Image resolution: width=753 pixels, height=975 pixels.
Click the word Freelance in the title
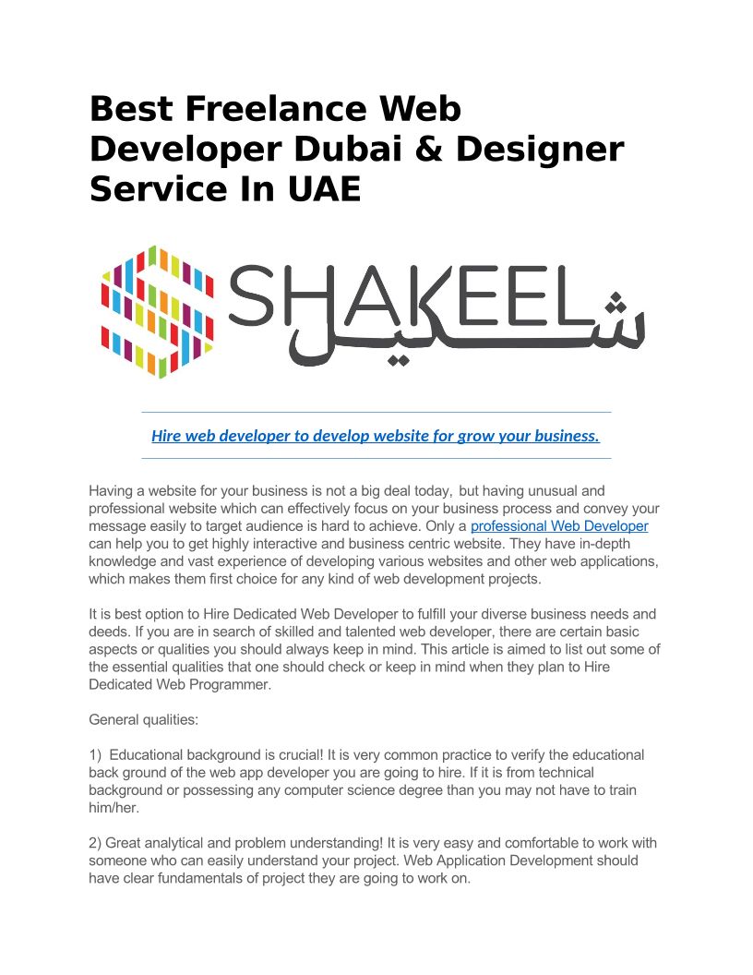261,109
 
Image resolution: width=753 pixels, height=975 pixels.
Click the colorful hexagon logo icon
157,311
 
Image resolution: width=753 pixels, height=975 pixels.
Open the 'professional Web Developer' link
559,526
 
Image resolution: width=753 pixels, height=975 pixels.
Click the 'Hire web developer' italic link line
376,436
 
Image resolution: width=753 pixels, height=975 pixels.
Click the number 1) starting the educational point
95,754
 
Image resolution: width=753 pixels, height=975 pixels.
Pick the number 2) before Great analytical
95,843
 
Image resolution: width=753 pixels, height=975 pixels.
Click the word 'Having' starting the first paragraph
111,490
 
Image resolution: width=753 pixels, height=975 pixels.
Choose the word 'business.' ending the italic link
568,436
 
